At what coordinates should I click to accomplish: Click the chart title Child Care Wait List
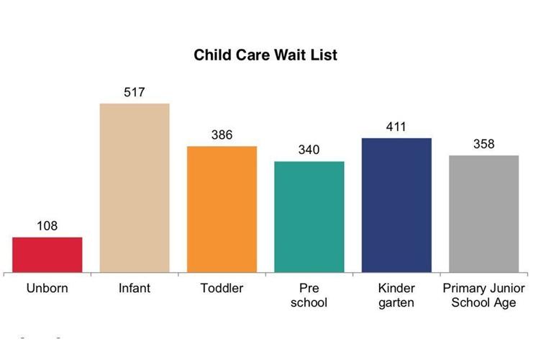(x=265, y=55)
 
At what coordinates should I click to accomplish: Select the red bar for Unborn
(x=47, y=255)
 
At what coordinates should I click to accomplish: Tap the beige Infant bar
(x=135, y=188)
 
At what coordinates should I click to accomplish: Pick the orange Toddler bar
(x=222, y=210)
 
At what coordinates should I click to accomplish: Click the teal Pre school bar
(x=309, y=217)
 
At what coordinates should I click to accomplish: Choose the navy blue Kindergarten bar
(x=396, y=205)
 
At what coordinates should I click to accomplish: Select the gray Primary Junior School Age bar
(x=483, y=214)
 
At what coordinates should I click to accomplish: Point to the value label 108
(x=47, y=226)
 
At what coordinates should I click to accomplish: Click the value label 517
(x=135, y=92)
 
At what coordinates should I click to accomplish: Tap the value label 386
(x=222, y=135)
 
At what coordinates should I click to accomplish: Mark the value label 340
(x=309, y=150)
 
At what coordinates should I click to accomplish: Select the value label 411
(x=396, y=127)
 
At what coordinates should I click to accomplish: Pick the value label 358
(x=483, y=144)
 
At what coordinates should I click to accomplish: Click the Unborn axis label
(x=47, y=289)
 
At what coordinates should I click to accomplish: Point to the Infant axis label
(x=135, y=289)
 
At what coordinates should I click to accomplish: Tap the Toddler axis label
(x=222, y=289)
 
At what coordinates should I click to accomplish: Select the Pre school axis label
(x=309, y=295)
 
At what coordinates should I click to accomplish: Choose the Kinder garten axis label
(x=396, y=295)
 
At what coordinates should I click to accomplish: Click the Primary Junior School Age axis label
(x=483, y=295)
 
